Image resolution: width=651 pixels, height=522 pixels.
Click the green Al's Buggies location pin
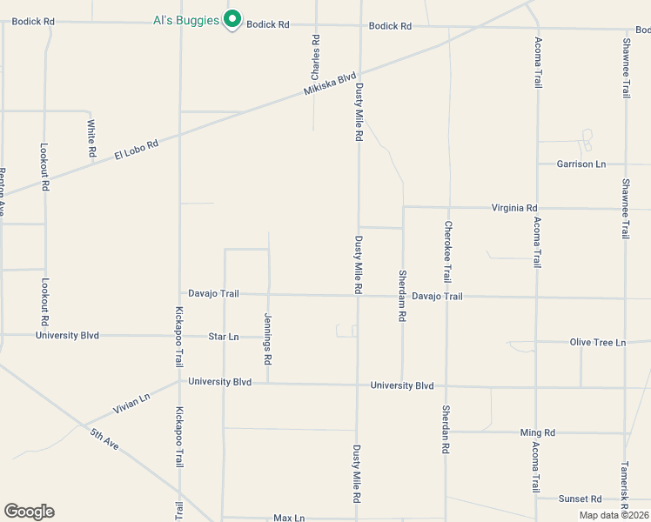click(232, 19)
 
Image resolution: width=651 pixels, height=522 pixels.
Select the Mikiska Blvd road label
click(331, 84)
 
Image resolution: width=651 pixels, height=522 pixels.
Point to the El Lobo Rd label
click(136, 150)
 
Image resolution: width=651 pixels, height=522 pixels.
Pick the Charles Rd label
click(315, 58)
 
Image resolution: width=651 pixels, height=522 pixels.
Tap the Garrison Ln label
click(581, 164)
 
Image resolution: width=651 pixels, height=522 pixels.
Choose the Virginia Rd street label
click(514, 208)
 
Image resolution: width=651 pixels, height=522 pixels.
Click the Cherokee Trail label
click(447, 251)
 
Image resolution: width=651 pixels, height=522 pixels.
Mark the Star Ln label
click(224, 336)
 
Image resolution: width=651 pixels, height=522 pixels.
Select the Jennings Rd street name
click(268, 339)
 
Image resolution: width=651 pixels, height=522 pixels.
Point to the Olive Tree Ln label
click(598, 343)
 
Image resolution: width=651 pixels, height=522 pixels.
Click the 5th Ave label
click(104, 438)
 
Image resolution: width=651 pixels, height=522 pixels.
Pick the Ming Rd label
click(537, 432)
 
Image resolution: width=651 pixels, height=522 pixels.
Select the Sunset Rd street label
click(580, 499)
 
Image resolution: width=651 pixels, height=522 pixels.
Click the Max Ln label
click(289, 518)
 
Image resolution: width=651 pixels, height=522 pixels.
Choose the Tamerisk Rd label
click(624, 485)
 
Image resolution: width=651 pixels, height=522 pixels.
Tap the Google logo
click(29, 512)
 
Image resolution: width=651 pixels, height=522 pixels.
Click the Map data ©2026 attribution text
click(614, 515)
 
